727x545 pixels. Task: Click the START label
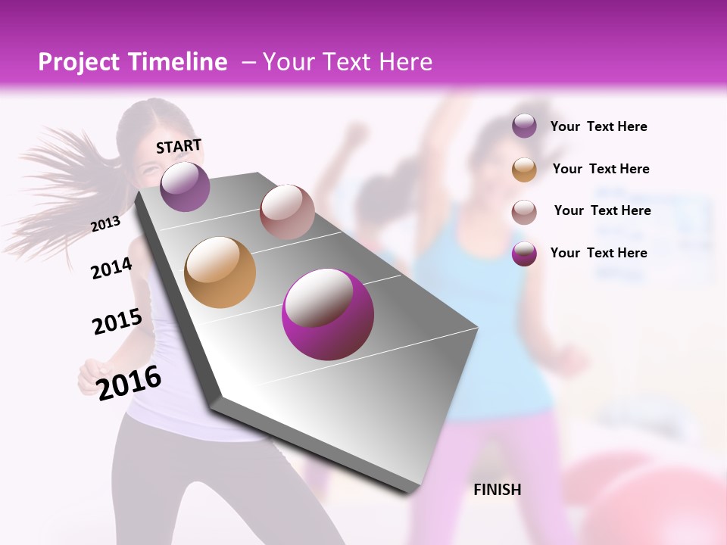tap(179, 146)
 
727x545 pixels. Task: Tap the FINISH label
tap(497, 490)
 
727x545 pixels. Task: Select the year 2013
tap(106, 224)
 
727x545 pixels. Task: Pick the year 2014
tap(111, 269)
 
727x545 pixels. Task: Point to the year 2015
tap(117, 322)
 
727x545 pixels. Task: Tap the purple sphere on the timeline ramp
tap(185, 186)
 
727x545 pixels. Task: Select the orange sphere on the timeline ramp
tap(220, 272)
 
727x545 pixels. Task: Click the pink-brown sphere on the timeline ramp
tap(287, 211)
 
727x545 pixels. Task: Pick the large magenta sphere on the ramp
tap(328, 314)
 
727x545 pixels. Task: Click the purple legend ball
tap(524, 126)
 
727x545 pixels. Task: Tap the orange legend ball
tap(524, 170)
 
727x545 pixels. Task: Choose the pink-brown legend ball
tap(524, 211)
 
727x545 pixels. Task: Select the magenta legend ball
tap(524, 254)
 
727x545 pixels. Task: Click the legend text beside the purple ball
tap(598, 127)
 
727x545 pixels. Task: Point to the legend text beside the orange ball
tap(601, 169)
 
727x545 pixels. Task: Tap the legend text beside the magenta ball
tap(598, 253)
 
